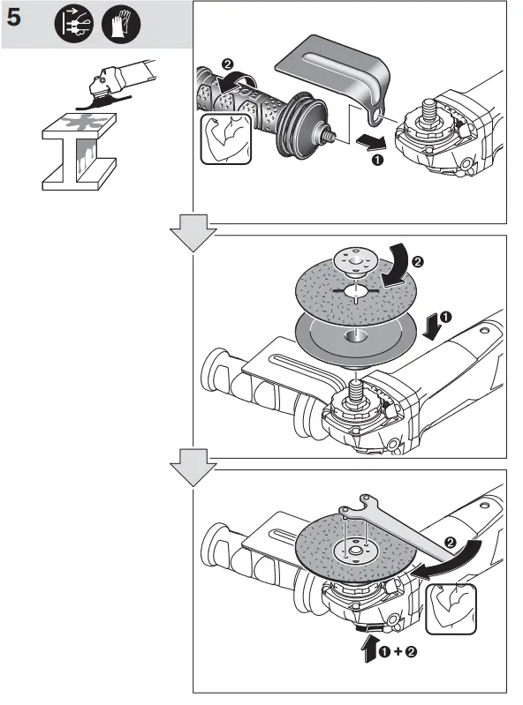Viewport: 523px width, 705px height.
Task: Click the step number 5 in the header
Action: [18, 22]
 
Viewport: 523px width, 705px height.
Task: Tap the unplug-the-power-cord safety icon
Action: [71, 26]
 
